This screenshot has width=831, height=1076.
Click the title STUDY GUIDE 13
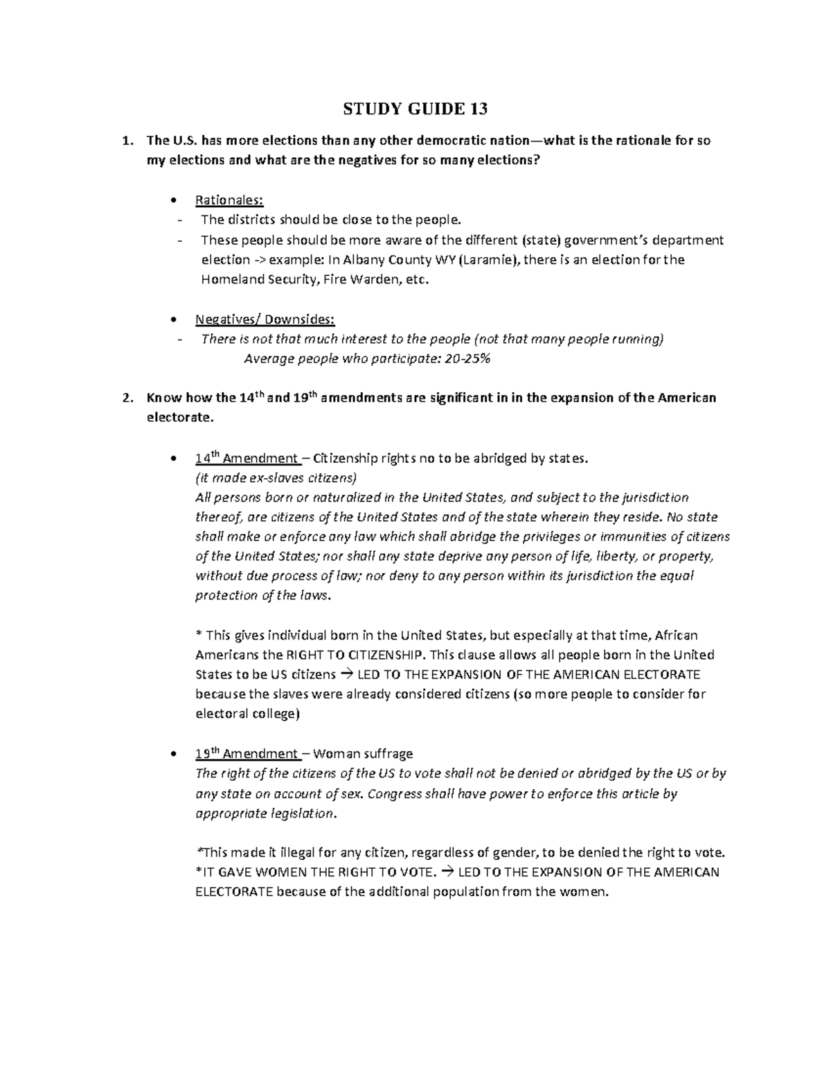[x=415, y=109]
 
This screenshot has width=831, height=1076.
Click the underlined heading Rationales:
[x=229, y=201]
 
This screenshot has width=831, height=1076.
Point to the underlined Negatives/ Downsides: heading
[x=265, y=319]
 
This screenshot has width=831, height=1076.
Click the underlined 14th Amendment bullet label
[x=247, y=459]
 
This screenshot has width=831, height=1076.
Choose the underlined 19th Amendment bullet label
[x=247, y=754]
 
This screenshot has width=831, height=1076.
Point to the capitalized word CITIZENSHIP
[x=388, y=655]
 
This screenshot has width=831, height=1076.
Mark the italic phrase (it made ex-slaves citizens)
[x=276, y=478]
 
